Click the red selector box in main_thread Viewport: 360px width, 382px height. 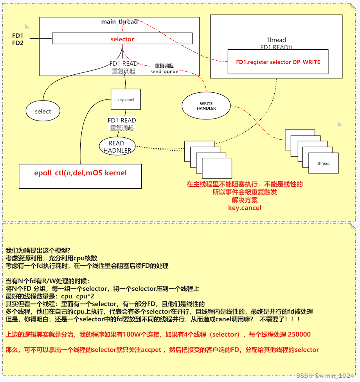[x=122, y=39]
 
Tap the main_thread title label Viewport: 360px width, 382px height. [x=119, y=22]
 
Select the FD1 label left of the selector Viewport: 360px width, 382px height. [x=18, y=36]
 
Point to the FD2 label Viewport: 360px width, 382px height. [x=18, y=43]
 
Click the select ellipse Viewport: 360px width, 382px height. [x=43, y=112]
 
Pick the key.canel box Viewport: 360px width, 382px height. [x=126, y=99]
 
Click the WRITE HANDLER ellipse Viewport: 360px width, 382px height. [x=206, y=106]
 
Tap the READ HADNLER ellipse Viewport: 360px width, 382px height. [x=117, y=146]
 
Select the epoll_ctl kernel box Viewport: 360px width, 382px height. [x=80, y=173]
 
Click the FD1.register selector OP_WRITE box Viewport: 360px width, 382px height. [x=278, y=62]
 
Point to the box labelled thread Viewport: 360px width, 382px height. [x=323, y=163]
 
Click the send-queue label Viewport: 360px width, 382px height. [x=164, y=72]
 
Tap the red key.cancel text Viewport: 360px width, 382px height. [x=245, y=207]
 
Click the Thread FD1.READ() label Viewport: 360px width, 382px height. [x=276, y=43]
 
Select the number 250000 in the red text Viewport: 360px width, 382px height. [x=299, y=335]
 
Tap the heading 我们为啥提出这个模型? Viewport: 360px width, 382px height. [x=38, y=250]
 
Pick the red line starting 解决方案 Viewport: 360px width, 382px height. [x=245, y=200]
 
